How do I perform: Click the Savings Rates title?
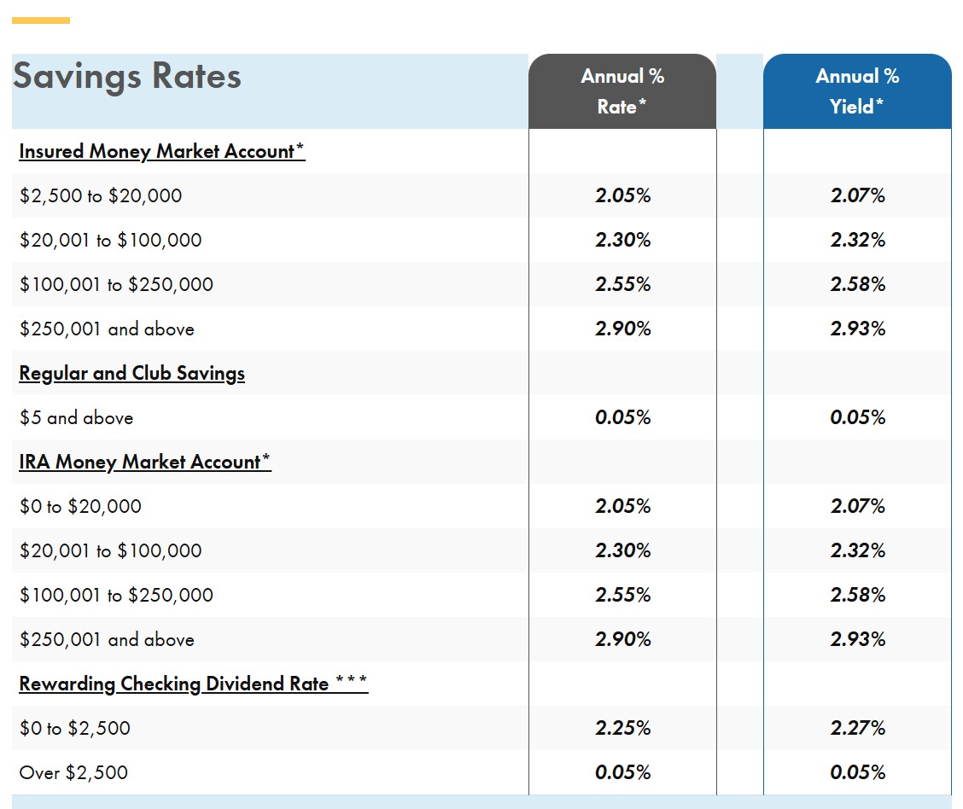pos(127,76)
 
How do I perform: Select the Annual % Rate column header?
pos(622,90)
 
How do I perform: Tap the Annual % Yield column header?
pos(857,90)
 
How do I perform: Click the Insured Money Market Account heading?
pos(161,151)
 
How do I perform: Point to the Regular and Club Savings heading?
pos(132,373)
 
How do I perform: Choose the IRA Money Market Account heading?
pos(145,462)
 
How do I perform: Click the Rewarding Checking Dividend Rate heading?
pos(194,684)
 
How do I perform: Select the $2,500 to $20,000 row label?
pos(101,195)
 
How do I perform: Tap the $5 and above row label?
pos(76,417)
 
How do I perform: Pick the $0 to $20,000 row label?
pos(80,506)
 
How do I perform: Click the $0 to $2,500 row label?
pos(75,728)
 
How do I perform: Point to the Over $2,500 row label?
pos(73,772)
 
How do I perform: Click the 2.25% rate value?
pos(622,728)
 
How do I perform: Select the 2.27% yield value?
pos(858,728)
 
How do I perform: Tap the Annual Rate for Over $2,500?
pos(622,772)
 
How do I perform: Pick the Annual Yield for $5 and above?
pos(858,417)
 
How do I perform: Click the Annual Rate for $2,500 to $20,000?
pos(622,195)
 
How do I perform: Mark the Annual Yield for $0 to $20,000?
pos(858,506)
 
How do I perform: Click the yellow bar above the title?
pos(40,20)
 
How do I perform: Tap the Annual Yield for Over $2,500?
pos(858,772)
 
